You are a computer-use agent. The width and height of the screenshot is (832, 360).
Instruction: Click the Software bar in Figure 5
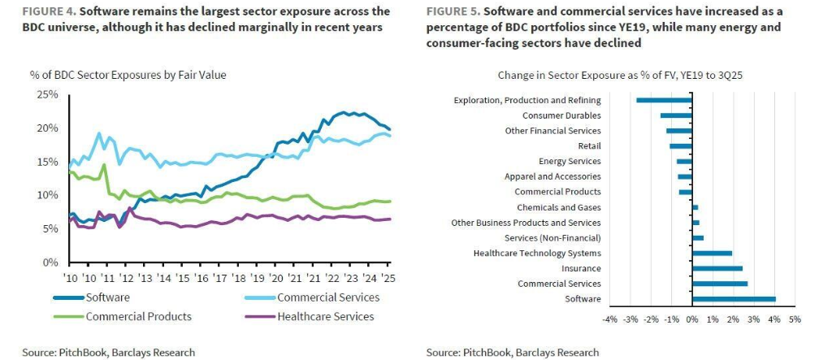pyautogui.click(x=734, y=299)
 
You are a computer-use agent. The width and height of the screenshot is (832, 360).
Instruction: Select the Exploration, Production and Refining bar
pyautogui.click(x=664, y=100)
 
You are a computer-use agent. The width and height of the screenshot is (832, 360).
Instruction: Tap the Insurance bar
pyautogui.click(x=717, y=268)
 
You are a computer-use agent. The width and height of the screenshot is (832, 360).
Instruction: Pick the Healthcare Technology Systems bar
pyautogui.click(x=712, y=253)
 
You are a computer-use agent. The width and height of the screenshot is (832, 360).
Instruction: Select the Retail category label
pyautogui.click(x=589, y=146)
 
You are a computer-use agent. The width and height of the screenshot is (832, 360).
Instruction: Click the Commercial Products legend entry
pyautogui.click(x=138, y=316)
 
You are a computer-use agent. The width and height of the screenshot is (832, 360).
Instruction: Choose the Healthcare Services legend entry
pyautogui.click(x=326, y=316)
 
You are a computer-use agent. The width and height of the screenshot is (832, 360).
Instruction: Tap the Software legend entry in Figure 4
pyautogui.click(x=108, y=297)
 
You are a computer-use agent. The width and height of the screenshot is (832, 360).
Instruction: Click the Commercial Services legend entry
pyautogui.click(x=328, y=297)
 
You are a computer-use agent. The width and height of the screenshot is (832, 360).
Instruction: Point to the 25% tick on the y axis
pyautogui.click(x=48, y=94)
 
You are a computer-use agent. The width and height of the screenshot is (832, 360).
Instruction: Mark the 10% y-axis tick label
pyautogui.click(x=48, y=196)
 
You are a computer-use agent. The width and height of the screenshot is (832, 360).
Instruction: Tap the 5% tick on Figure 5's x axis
pyautogui.click(x=794, y=319)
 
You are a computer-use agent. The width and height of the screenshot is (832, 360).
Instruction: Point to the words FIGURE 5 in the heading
pyautogui.click(x=454, y=12)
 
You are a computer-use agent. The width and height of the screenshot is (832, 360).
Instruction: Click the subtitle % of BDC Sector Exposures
pyautogui.click(x=128, y=75)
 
